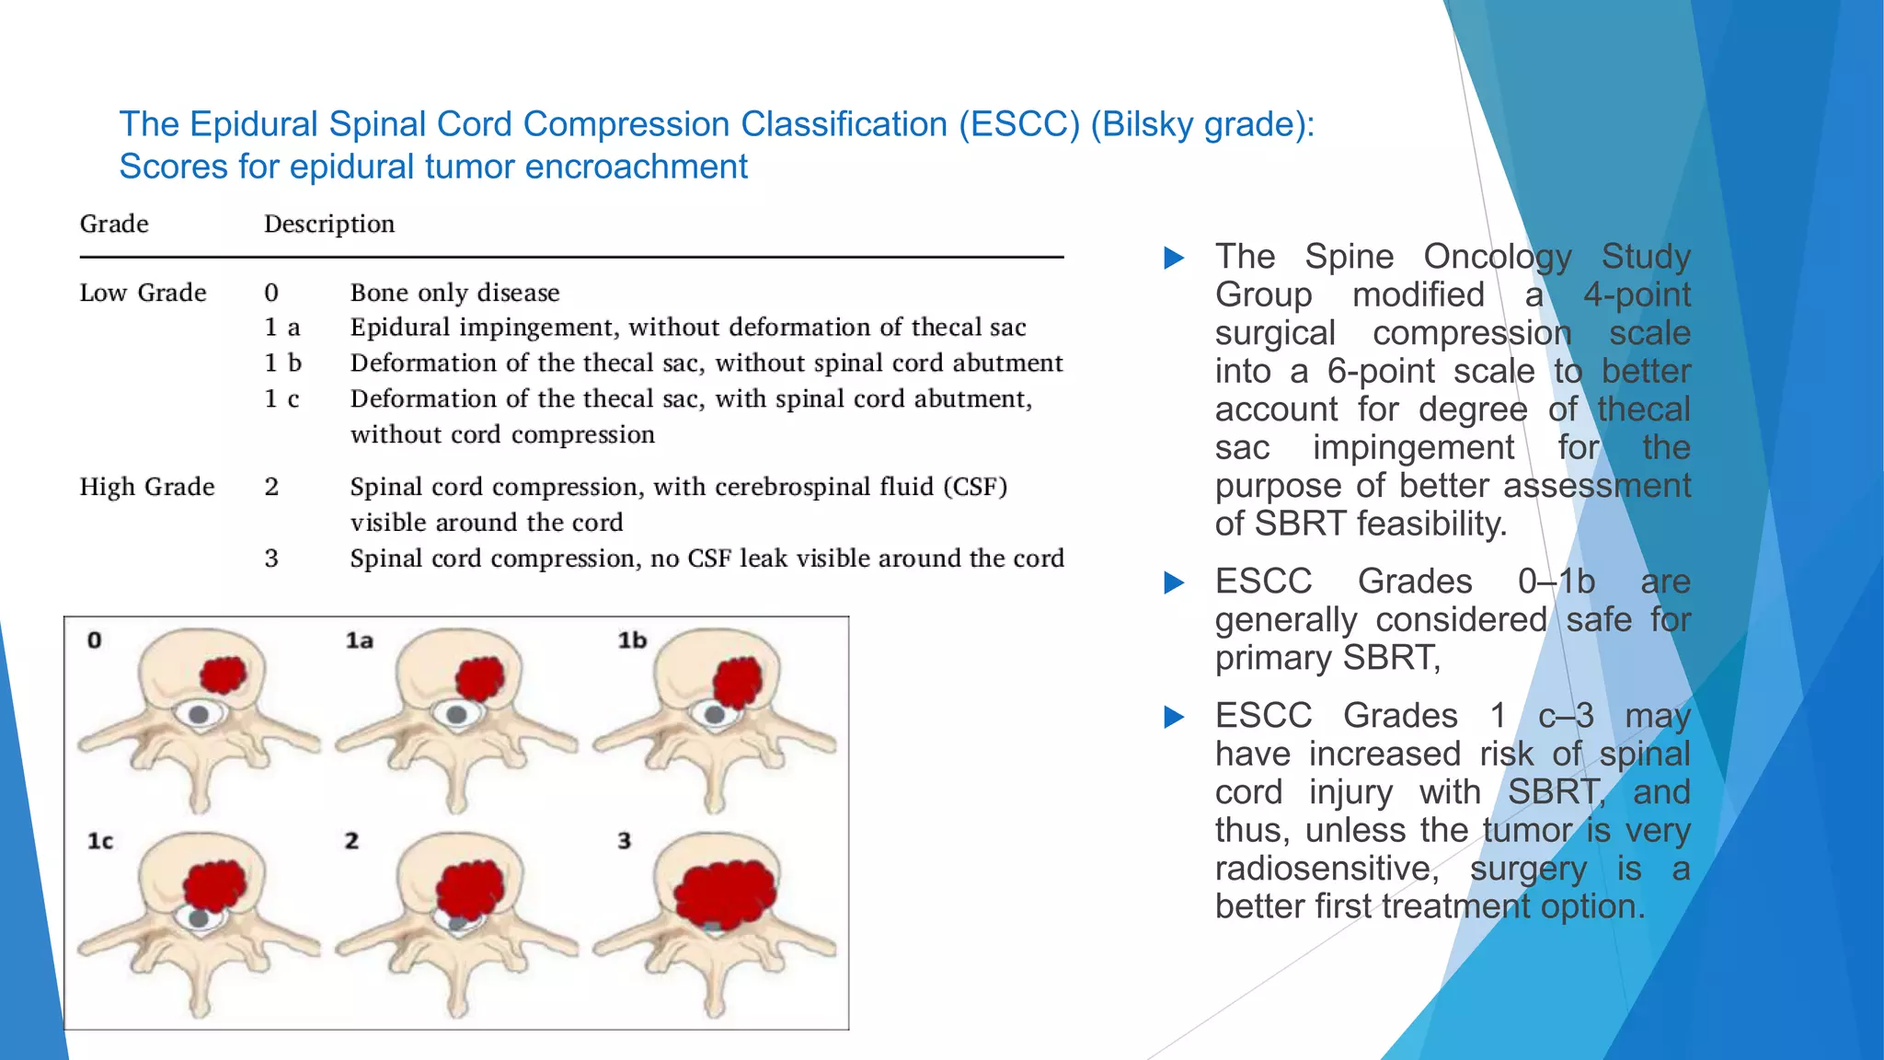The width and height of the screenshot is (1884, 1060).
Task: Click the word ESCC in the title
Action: [1018, 124]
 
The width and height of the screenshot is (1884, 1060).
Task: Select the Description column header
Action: [328, 224]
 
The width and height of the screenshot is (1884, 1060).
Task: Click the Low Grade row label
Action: [143, 293]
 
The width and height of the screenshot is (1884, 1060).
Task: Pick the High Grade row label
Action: [147, 487]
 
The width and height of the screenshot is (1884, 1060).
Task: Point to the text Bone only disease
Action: [454, 293]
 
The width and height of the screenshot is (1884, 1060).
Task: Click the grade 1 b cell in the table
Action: [282, 363]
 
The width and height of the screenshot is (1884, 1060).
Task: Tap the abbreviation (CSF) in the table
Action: [975, 487]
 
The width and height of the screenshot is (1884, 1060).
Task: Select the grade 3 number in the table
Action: [271, 559]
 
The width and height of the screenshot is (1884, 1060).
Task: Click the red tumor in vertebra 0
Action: [223, 674]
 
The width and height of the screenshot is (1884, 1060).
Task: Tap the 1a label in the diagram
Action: [359, 640]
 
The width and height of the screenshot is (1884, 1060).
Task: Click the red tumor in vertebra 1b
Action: [737, 683]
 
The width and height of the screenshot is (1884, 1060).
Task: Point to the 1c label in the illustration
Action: [99, 841]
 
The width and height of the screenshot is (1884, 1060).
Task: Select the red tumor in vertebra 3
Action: [725, 893]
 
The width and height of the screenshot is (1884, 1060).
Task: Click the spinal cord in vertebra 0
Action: [200, 713]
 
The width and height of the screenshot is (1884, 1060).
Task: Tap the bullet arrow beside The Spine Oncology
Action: [1174, 258]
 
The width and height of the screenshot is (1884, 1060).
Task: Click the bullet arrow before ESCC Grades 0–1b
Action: [1174, 582]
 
